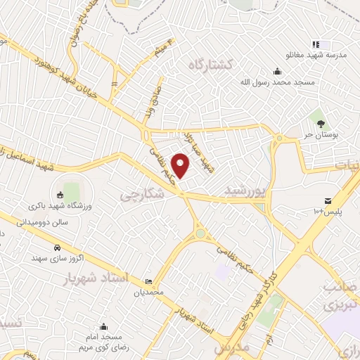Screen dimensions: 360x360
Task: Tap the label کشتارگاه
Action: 215,64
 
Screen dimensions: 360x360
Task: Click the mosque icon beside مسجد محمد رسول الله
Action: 278,70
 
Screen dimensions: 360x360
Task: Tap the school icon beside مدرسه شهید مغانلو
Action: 316,44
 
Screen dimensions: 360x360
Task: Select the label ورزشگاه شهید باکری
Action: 57,206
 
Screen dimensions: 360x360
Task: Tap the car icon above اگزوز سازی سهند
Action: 56,247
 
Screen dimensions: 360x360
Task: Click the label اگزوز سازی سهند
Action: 57,259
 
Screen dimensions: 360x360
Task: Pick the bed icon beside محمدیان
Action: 148,281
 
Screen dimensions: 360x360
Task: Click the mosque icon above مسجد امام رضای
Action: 103,326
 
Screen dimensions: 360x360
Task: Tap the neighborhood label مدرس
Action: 233,347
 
